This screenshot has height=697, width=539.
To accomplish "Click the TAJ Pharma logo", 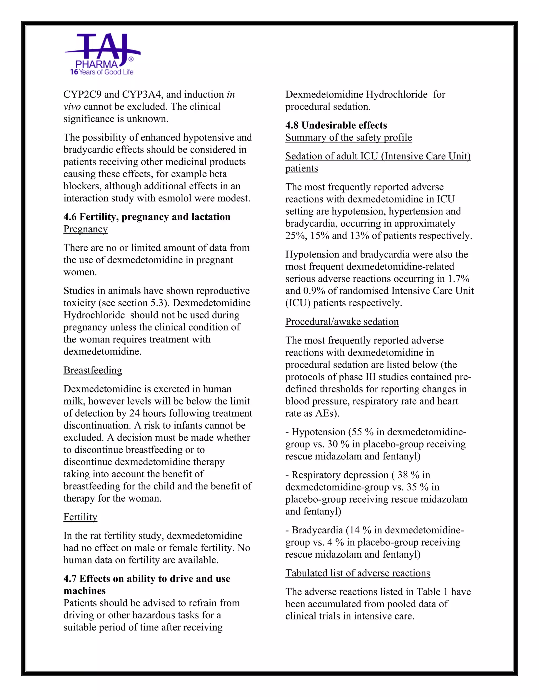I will pyautogui.click(x=102, y=54).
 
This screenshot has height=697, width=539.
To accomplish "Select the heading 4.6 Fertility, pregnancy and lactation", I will pyautogui.click(x=147, y=217).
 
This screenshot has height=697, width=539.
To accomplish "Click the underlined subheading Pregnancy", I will pyautogui.click(x=86, y=229).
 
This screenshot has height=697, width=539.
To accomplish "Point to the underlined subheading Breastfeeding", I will pyautogui.click(x=93, y=370).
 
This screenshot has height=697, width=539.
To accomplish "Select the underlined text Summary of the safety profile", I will pyautogui.click(x=348, y=137).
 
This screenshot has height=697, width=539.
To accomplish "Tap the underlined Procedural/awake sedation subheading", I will pyautogui.click(x=342, y=321).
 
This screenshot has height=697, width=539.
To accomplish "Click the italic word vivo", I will pyautogui.click(x=72, y=107).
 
